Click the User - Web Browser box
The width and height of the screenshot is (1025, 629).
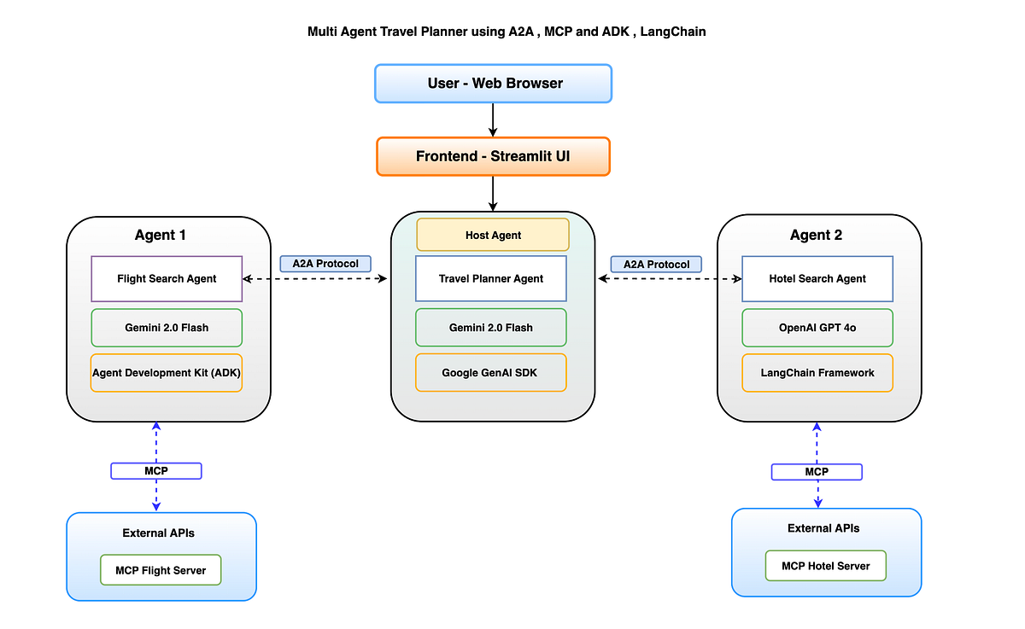494,84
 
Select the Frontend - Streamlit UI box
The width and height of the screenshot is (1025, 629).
494,156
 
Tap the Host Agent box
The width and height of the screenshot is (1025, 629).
493,235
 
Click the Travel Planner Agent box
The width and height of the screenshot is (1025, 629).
491,278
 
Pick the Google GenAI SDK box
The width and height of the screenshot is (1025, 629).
491,373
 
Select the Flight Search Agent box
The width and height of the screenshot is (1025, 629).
167,278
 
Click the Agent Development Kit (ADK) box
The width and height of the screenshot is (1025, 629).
167,373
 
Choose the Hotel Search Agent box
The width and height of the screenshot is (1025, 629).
817,278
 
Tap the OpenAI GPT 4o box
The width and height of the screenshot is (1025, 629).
817,327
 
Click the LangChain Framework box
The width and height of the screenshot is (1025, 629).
817,373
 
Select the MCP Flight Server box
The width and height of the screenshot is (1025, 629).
161,570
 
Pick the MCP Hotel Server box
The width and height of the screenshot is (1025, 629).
826,566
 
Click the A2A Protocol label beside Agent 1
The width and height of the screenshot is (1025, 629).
325,264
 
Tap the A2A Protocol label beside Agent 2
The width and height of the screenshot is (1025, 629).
656,264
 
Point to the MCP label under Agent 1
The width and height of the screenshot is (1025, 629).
156,470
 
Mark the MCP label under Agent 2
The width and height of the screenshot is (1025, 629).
817,471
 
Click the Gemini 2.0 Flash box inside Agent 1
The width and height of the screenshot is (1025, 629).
167,327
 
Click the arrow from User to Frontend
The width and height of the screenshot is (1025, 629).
494,119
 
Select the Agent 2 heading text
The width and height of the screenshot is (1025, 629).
817,236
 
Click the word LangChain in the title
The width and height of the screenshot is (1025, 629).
676,32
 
